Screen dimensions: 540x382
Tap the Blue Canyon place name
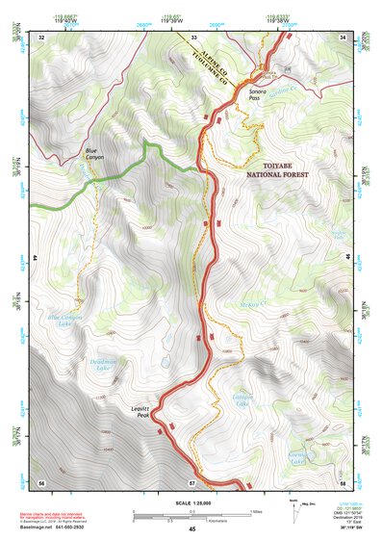(x=91, y=154)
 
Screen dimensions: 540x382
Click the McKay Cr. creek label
(x=250, y=304)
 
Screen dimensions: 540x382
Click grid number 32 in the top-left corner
(x=41, y=37)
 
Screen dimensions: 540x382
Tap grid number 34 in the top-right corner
(x=344, y=37)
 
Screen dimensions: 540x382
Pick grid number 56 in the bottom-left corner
(x=41, y=480)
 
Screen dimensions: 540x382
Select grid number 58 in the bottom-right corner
(x=344, y=480)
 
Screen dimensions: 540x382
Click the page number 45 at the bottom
(x=192, y=528)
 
